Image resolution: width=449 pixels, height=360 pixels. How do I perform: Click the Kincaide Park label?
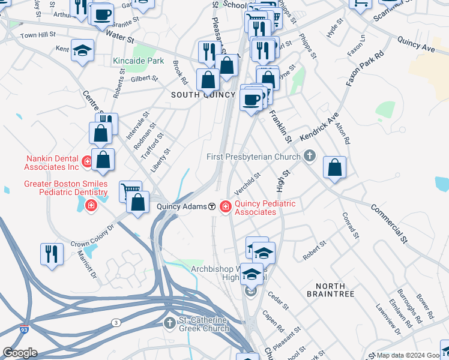[138, 61]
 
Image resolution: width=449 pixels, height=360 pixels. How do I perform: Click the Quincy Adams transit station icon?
[212, 206]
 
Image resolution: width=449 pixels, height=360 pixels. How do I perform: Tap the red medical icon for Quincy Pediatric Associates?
[226, 206]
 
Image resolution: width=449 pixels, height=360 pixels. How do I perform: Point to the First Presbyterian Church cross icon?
[309, 157]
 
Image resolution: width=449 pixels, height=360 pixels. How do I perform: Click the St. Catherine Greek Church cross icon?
[170, 323]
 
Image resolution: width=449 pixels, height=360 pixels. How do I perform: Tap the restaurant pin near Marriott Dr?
[52, 253]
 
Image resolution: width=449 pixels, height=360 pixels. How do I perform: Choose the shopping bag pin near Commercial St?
[334, 168]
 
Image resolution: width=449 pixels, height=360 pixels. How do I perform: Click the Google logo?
[19, 353]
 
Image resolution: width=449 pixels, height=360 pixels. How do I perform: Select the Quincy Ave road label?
[415, 42]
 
